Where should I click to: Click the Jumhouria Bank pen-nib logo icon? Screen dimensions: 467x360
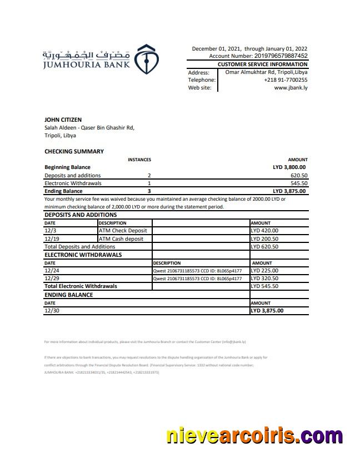148,57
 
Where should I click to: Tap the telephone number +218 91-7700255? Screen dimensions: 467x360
286,80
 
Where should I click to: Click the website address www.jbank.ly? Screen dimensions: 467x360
291,88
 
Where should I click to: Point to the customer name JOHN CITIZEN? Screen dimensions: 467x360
63,120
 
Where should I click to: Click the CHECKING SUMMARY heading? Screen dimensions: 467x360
74,151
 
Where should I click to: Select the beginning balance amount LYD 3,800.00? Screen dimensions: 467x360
289,167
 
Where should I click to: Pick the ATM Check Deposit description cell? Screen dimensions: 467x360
123,231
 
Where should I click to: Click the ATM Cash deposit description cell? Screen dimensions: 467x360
121,239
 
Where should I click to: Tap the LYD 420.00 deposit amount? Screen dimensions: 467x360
264,231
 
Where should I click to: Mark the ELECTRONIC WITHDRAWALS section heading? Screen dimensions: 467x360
83,255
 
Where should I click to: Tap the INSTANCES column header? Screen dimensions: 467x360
139,160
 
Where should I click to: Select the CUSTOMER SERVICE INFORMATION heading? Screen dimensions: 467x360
262,64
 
